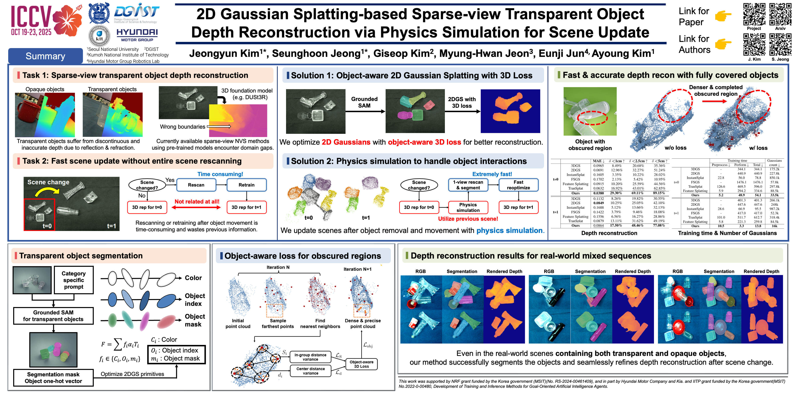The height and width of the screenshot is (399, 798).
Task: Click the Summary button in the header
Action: pos(45,56)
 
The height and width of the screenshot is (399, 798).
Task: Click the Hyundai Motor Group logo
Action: pos(137,35)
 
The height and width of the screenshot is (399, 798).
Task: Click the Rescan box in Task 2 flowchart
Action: pos(196,185)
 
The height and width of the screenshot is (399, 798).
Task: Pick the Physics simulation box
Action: pos(468,207)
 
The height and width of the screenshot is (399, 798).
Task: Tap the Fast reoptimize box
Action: pos(518,185)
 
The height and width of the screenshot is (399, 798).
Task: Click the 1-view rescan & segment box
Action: pos(468,185)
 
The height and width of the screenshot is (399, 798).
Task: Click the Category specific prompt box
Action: pos(74,280)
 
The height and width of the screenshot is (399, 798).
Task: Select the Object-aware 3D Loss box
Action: pos(361,364)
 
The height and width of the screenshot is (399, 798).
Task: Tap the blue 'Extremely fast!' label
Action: pos(492,174)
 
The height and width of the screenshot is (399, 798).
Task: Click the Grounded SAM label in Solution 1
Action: pos(364,102)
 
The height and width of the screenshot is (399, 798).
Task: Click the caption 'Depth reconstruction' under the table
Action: pos(609,233)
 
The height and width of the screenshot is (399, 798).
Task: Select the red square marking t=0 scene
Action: pos(39,215)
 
